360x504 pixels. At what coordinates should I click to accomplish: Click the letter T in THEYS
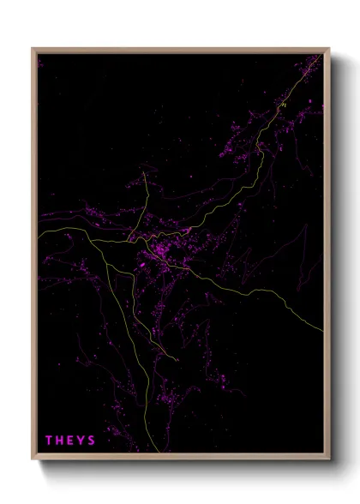click(x=49, y=441)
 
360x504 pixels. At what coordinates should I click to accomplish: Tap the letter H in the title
click(x=60, y=441)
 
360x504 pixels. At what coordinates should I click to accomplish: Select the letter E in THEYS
click(x=71, y=441)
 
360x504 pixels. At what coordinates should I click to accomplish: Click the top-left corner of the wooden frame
click(x=33, y=49)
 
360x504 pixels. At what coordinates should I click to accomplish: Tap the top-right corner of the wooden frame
click(x=329, y=49)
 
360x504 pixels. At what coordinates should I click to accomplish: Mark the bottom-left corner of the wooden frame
click(x=33, y=460)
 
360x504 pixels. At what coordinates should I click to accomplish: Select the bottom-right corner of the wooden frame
click(x=329, y=460)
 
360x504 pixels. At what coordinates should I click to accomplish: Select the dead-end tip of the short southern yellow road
click(x=177, y=360)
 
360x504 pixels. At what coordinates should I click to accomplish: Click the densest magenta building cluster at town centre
click(x=163, y=253)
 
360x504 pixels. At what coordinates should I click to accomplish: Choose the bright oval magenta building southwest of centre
click(x=142, y=267)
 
